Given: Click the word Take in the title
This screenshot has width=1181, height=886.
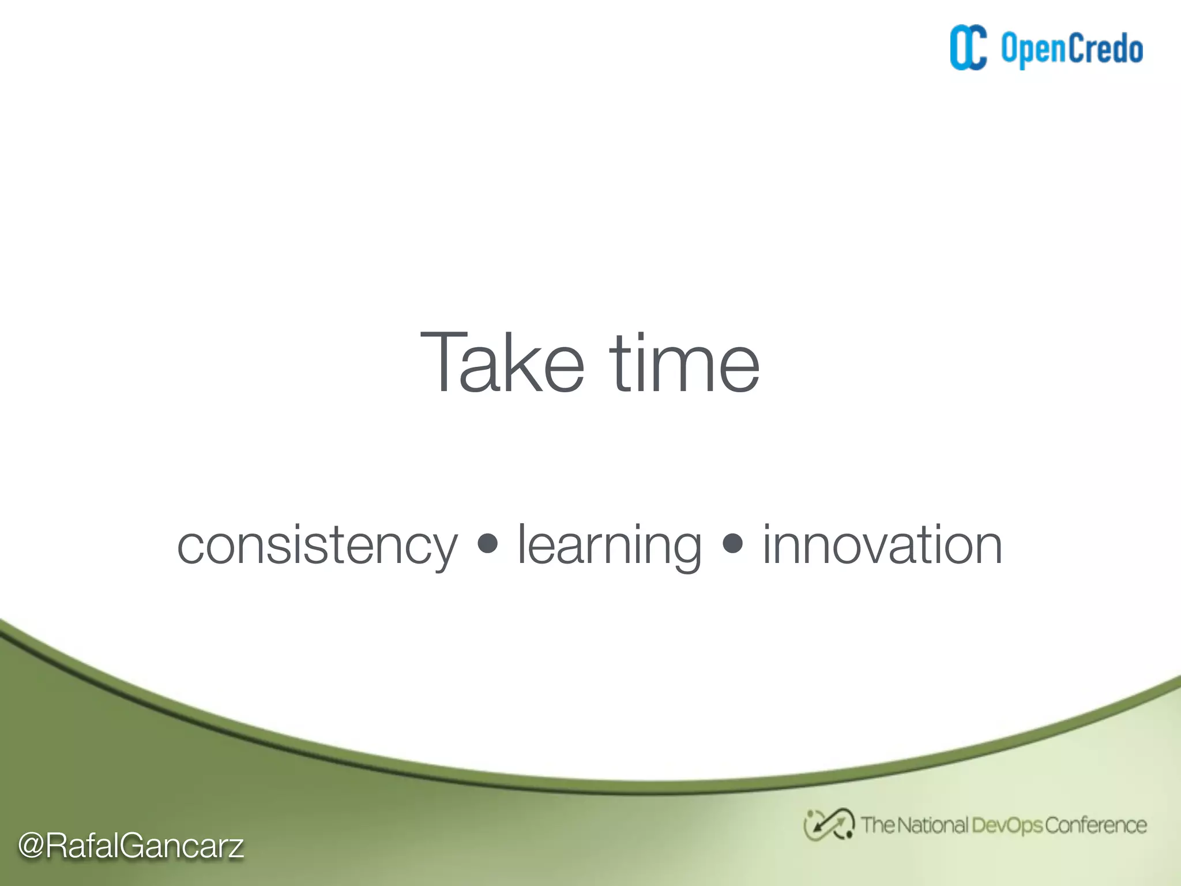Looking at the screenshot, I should (502, 363).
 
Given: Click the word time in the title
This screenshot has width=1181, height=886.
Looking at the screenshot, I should (684, 363).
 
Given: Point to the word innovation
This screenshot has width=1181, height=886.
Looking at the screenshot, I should (882, 545).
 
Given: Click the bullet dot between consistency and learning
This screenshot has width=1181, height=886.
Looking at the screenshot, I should (488, 543).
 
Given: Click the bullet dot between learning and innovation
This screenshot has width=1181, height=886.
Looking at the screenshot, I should (732, 543).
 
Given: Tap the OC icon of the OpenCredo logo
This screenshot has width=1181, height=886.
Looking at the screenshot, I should (968, 48).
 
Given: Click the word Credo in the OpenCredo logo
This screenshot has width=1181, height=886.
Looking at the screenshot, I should (1106, 48).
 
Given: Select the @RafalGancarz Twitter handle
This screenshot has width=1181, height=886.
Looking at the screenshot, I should (131, 846).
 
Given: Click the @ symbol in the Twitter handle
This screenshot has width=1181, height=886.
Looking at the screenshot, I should (31, 846).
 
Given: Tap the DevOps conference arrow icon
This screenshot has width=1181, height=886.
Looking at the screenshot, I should (829, 825).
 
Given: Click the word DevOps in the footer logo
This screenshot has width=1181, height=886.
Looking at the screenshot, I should (1007, 825).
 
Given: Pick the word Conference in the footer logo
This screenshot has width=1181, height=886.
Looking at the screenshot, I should (1096, 825).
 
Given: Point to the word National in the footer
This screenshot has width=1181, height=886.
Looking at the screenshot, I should (932, 825).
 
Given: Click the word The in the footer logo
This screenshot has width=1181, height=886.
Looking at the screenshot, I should (878, 825).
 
